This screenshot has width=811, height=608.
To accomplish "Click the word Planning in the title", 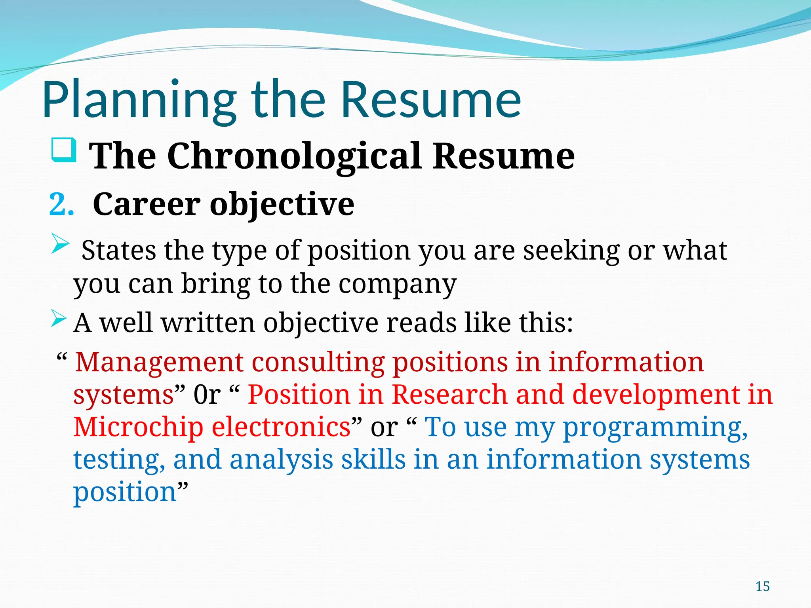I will (139, 100).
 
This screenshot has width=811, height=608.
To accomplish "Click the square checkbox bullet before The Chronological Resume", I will (64, 150).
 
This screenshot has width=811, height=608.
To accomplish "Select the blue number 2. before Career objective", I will (61, 205).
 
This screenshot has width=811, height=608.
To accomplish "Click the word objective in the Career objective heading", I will (282, 205).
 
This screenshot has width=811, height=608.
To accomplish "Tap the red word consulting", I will (318, 362).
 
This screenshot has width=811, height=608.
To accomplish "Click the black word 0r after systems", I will (207, 395).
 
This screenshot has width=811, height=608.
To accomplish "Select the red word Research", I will (449, 395).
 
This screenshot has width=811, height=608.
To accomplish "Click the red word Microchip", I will (138, 427).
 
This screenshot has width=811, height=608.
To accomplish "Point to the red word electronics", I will (281, 427).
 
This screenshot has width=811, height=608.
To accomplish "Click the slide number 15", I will (762, 586).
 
